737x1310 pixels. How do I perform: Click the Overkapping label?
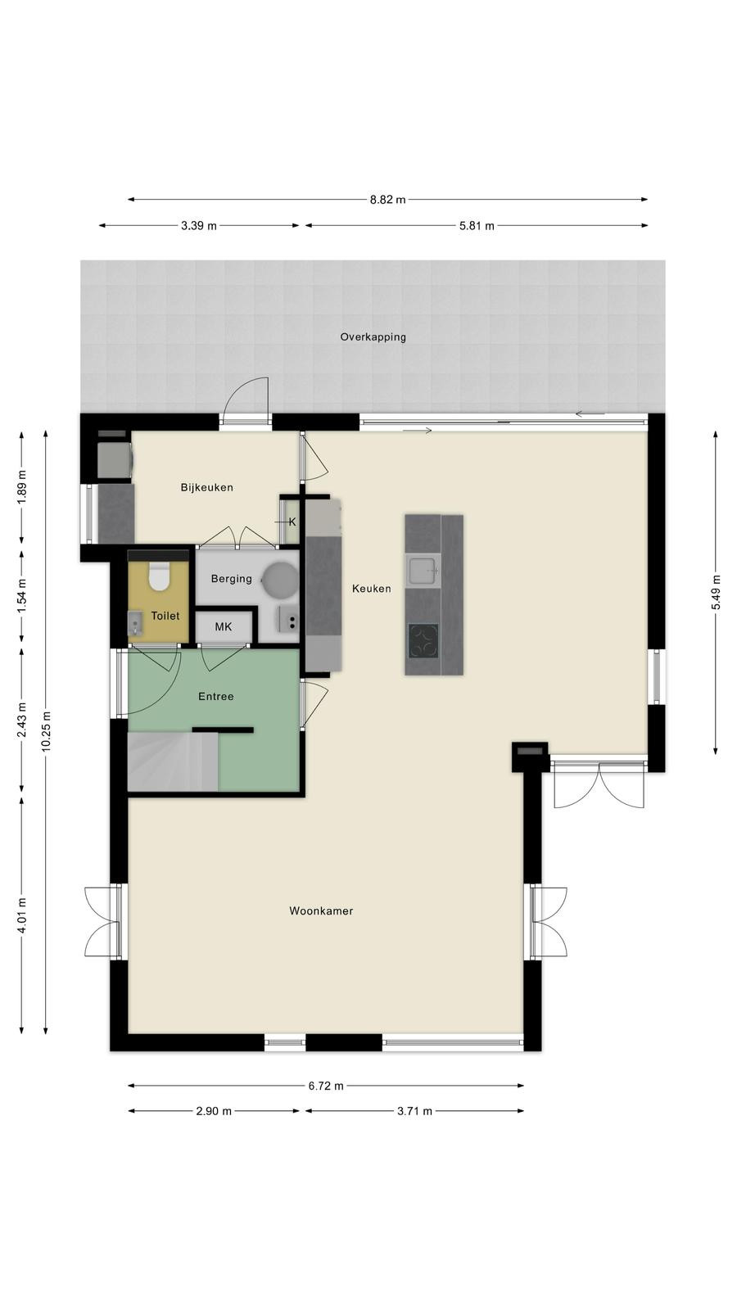[373, 337]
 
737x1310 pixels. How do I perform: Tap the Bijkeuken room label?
[206, 487]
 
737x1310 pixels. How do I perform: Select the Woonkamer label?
[321, 910]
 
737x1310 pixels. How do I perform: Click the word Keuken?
[372, 589]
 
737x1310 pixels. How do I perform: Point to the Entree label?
[216, 696]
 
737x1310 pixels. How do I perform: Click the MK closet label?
[224, 627]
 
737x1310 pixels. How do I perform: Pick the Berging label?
[232, 578]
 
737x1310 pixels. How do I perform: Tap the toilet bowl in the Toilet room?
[159, 576]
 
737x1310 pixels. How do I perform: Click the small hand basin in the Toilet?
[135, 623]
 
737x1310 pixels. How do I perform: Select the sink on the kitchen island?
[423, 570]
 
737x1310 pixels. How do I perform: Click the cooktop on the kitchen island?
[423, 640]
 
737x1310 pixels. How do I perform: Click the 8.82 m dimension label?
[387, 200]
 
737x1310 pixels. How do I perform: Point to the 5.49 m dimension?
[716, 592]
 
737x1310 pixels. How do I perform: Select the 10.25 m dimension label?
[46, 731]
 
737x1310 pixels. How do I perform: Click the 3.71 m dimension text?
[414, 1111]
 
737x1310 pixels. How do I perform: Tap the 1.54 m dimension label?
[22, 594]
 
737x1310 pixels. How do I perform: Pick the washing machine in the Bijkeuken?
[115, 458]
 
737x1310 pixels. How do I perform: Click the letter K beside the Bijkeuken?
[292, 522]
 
